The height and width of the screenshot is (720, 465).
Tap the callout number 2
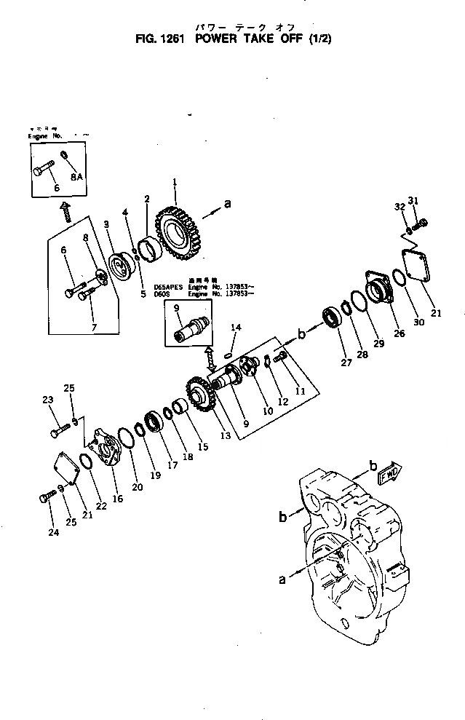pyautogui.click(x=147, y=199)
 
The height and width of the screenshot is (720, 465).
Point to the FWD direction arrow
pyautogui.click(x=389, y=474)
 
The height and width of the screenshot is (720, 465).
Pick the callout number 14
pyautogui.click(x=234, y=328)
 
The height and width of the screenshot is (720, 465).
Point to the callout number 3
pyautogui.click(x=107, y=225)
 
